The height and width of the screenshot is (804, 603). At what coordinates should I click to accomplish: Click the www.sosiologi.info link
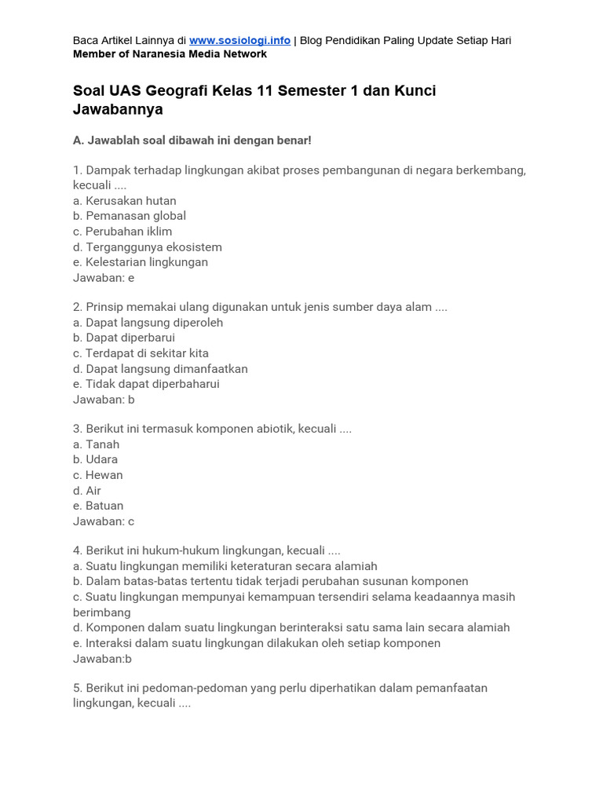point(239,40)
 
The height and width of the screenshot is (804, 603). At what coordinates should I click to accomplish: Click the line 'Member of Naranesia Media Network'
point(170,54)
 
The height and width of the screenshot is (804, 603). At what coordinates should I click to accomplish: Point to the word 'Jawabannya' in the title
point(118,110)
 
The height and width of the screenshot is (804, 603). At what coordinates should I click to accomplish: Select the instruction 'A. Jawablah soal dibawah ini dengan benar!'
point(192,140)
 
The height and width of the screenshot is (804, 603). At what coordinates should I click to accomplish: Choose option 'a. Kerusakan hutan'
point(125,201)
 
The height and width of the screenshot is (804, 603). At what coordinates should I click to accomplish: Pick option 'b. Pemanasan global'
point(130,216)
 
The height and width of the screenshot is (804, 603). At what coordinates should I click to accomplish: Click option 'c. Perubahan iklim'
point(122,232)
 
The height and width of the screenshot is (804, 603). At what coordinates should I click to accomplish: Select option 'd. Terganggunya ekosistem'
point(148,247)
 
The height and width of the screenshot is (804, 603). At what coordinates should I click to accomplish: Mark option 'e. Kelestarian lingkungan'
point(141,262)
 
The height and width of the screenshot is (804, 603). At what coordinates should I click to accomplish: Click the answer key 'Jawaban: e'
point(104,278)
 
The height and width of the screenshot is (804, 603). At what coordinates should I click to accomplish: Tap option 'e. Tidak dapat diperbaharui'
point(146,384)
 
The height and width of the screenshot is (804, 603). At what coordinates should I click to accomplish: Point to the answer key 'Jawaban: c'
point(104,521)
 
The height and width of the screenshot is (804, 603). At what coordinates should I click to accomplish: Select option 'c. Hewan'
point(98,475)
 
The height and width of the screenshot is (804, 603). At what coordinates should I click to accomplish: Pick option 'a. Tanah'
point(97,444)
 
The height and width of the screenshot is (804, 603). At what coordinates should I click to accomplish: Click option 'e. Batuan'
point(98,506)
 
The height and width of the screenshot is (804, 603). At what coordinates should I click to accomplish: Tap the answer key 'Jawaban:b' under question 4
point(102,659)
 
